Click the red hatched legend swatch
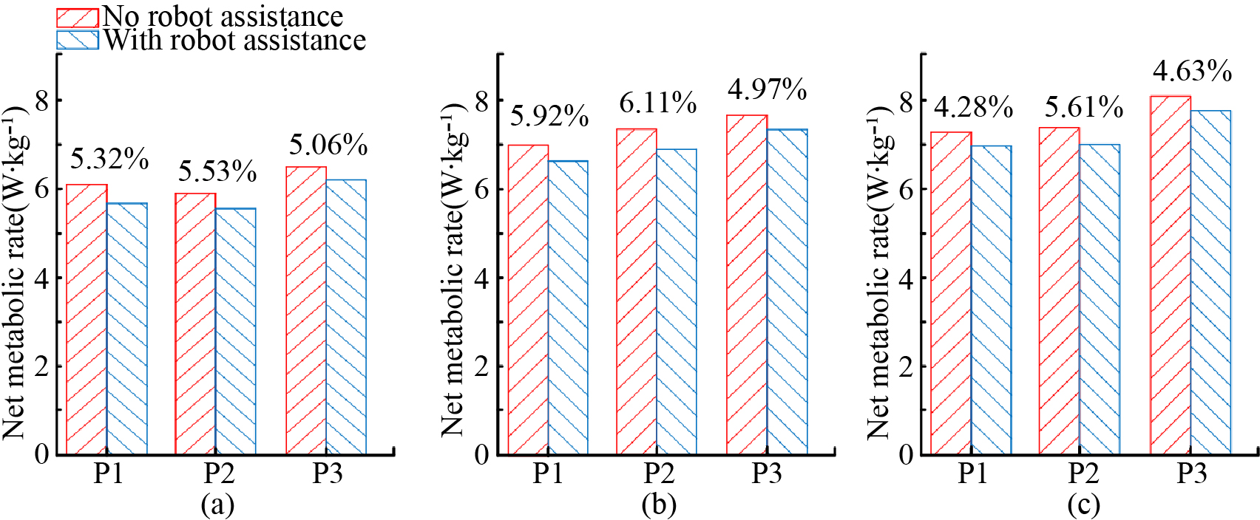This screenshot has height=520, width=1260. [x=78, y=18]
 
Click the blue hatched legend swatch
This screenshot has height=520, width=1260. [x=78, y=40]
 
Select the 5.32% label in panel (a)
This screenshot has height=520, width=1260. [x=109, y=159]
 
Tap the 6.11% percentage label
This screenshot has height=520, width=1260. [x=657, y=103]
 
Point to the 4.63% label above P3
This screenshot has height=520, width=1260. [x=1192, y=72]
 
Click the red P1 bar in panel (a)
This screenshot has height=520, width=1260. [x=87, y=318]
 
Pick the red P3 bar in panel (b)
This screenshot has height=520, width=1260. [x=747, y=284]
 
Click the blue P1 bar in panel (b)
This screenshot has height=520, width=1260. [x=568, y=307]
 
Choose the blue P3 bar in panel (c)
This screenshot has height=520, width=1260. [x=1210, y=281]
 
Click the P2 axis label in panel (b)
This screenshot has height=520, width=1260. [x=658, y=473]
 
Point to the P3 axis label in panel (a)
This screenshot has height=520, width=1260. [x=327, y=473]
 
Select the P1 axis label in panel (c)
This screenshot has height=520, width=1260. [x=972, y=473]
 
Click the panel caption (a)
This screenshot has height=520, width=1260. [x=217, y=504]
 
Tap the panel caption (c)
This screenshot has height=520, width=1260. [x=1083, y=504]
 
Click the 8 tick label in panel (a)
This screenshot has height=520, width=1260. [x=41, y=100]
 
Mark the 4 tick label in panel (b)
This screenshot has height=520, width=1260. [x=481, y=278]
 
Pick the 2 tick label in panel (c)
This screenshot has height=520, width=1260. [x=906, y=366]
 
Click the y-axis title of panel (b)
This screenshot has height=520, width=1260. [x=453, y=270]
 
